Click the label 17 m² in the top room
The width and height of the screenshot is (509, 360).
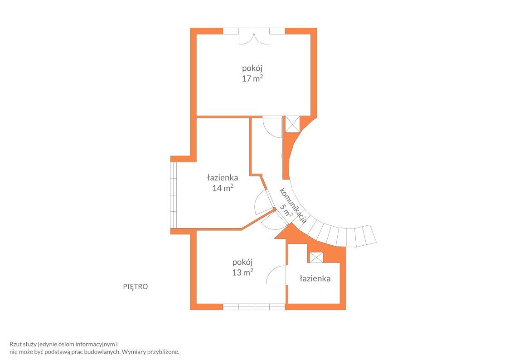(x=252, y=78)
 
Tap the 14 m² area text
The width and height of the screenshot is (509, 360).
(x=223, y=188)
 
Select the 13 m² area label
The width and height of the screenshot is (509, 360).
(x=242, y=272)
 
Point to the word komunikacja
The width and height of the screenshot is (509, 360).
(x=293, y=205)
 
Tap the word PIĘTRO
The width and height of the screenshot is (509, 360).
(x=136, y=287)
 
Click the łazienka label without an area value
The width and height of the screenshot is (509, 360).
(x=315, y=278)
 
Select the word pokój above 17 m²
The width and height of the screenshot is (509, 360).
(x=252, y=68)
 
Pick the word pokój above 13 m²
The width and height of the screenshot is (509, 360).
(x=242, y=262)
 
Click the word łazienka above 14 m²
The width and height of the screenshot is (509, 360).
(x=223, y=178)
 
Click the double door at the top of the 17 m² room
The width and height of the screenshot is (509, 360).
(x=254, y=36)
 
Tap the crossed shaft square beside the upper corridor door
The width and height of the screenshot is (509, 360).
(x=292, y=124)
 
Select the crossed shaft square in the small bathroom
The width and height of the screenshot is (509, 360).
(x=316, y=258)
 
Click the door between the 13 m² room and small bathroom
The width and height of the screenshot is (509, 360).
(x=277, y=275)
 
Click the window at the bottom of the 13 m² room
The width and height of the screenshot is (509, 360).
(x=254, y=307)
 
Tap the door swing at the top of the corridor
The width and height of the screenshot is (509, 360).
(x=272, y=127)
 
